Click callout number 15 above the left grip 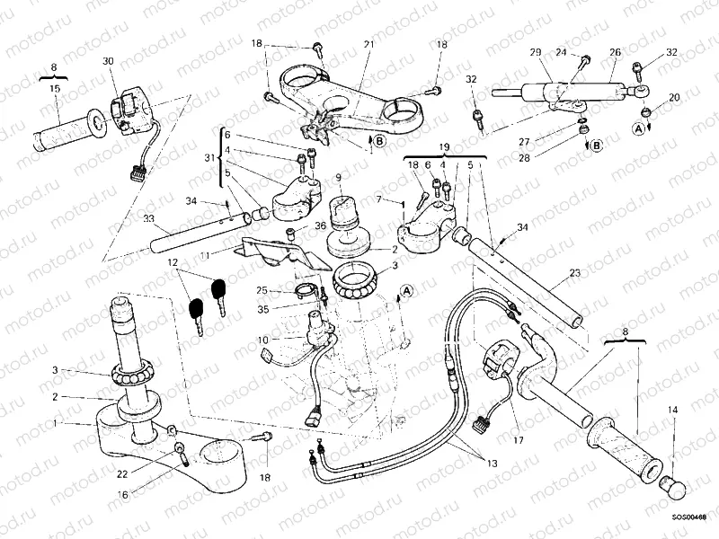click(x=55, y=90)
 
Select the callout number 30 click(x=108, y=61)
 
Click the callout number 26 click(x=615, y=53)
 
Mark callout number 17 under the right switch click(x=518, y=440)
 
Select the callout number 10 click(x=263, y=340)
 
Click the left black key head click(x=196, y=307)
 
